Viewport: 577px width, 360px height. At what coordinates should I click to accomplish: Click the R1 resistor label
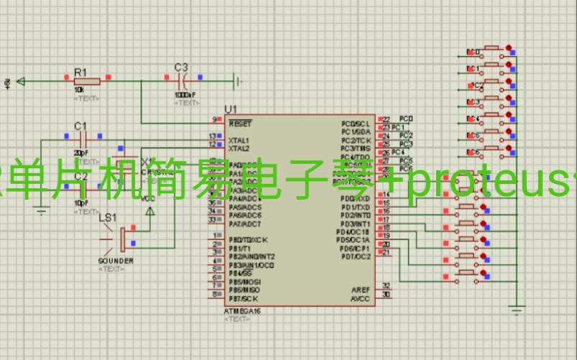click(80, 72)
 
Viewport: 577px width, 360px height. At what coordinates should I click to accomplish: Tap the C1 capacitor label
click(80, 125)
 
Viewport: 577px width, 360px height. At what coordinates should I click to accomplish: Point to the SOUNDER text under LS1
click(115, 261)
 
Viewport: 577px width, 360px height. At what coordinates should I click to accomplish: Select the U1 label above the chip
click(231, 109)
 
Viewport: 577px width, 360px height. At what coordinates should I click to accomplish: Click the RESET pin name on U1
click(239, 124)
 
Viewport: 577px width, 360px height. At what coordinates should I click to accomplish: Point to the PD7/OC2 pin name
click(355, 257)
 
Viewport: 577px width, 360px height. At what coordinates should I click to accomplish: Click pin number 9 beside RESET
click(213, 119)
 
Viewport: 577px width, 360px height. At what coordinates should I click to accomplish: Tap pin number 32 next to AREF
click(386, 285)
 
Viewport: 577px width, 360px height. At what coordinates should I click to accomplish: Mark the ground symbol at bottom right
click(516, 310)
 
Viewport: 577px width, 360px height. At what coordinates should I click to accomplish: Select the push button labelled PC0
click(493, 51)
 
